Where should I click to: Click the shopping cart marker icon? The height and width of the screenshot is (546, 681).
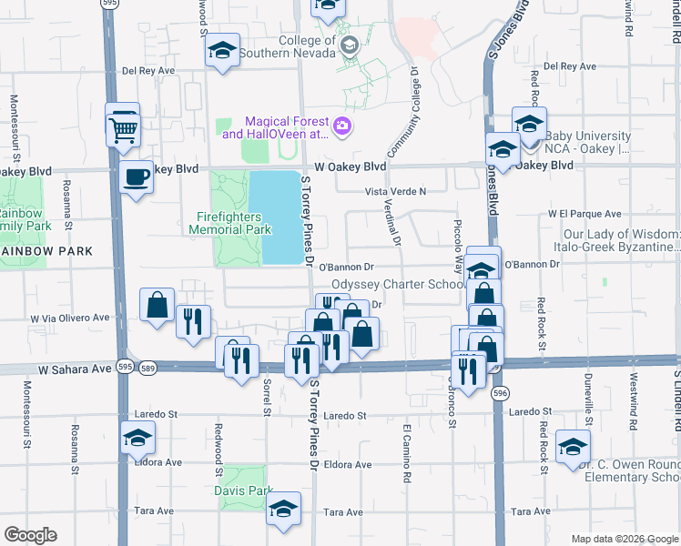click(123, 126)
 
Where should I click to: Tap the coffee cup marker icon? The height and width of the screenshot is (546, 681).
click(137, 177)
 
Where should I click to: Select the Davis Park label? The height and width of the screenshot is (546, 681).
click(243, 490)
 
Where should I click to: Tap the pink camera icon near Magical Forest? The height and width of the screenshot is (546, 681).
click(342, 126)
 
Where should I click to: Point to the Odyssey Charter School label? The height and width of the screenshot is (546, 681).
click(398, 284)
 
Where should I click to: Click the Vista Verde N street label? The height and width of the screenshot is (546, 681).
click(396, 191)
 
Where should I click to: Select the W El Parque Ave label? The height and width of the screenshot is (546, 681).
click(583, 213)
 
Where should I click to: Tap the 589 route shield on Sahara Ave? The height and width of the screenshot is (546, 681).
click(148, 367)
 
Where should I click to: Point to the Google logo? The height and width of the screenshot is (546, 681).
click(30, 535)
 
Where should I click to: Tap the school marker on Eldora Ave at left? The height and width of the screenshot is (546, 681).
click(137, 441)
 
